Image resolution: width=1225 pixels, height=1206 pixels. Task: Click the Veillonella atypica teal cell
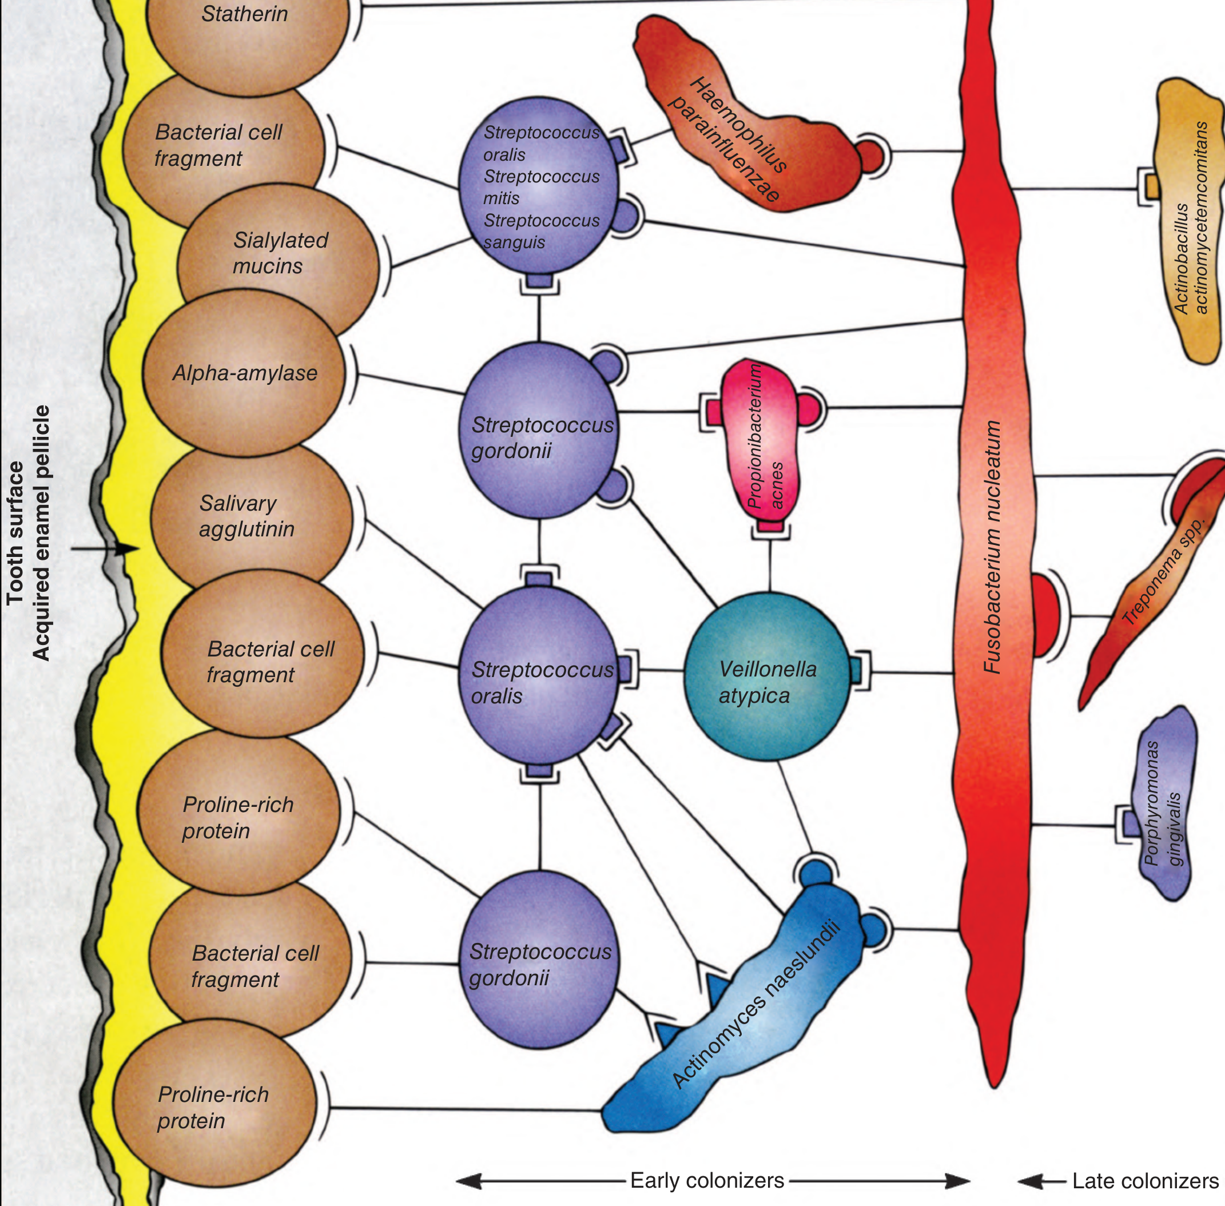[x=767, y=676]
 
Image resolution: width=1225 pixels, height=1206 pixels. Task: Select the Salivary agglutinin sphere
[x=251, y=516]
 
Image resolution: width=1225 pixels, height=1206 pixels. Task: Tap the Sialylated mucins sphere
[x=279, y=253]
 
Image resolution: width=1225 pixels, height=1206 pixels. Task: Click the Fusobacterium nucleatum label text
[x=993, y=547]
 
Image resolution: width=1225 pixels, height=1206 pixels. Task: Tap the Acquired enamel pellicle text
[x=41, y=533]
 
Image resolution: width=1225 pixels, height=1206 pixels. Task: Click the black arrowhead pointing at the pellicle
[x=130, y=548]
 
